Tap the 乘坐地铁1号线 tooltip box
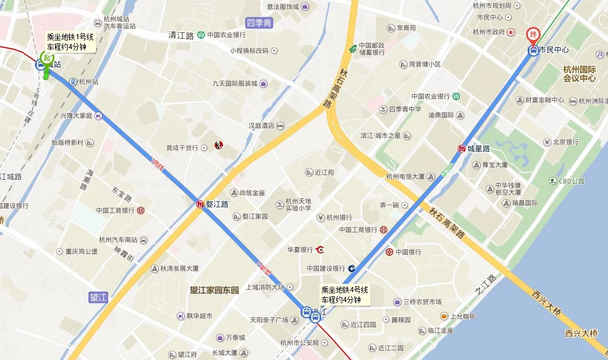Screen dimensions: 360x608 point(70,42)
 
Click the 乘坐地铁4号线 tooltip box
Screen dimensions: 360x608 point(345,294)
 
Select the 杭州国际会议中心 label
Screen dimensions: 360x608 point(579,73)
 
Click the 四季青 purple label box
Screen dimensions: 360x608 point(259,23)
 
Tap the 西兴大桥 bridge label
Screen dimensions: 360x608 point(581,333)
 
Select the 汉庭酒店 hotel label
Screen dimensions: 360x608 point(262,126)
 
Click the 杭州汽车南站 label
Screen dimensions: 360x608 point(118,239)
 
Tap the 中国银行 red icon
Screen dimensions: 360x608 point(390,252)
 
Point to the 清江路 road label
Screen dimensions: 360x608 point(181,35)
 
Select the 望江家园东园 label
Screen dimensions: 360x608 point(215,290)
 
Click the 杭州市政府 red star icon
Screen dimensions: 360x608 point(510,32)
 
